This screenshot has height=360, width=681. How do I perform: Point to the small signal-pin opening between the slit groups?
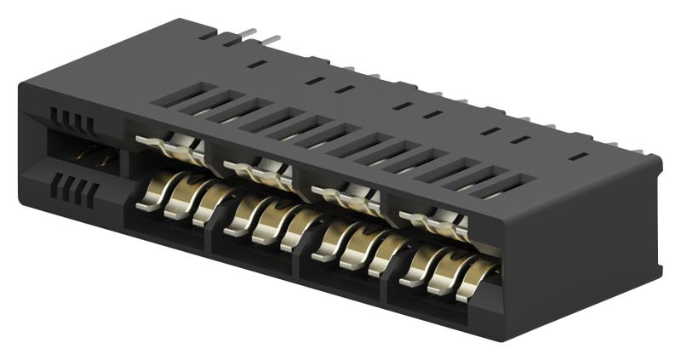[x=93, y=155]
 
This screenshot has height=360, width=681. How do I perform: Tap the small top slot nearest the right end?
[x=578, y=156]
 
